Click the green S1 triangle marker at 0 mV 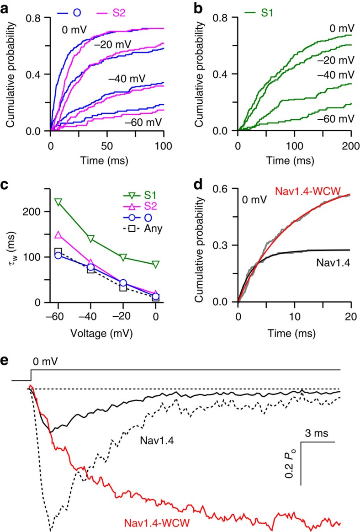coord(156,264)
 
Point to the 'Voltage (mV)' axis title coord(106,334)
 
